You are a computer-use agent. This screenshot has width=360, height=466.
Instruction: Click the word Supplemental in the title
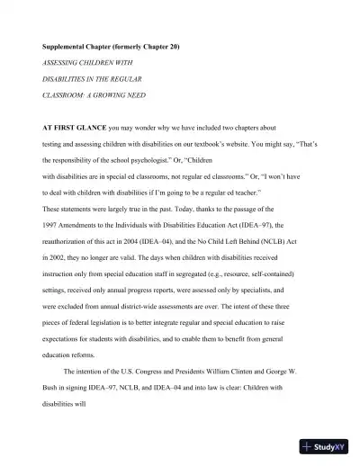(64, 46)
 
